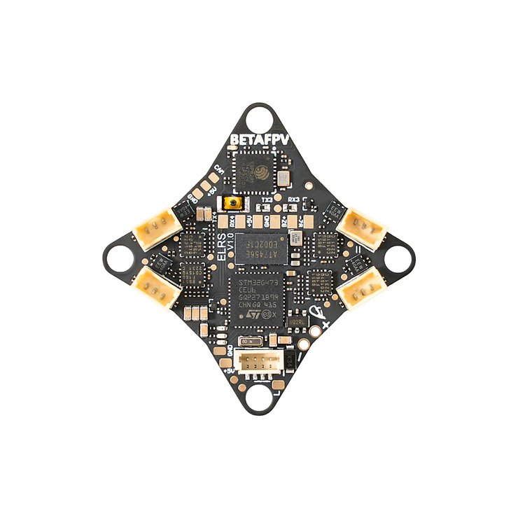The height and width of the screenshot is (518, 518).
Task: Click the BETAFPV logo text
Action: point(259,140)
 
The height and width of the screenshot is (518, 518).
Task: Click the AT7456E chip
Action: point(260,245)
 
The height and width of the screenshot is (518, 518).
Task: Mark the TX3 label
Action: point(266,200)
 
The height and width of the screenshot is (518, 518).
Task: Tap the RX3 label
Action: point(294,200)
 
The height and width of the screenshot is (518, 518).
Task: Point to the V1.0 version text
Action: point(232,248)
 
